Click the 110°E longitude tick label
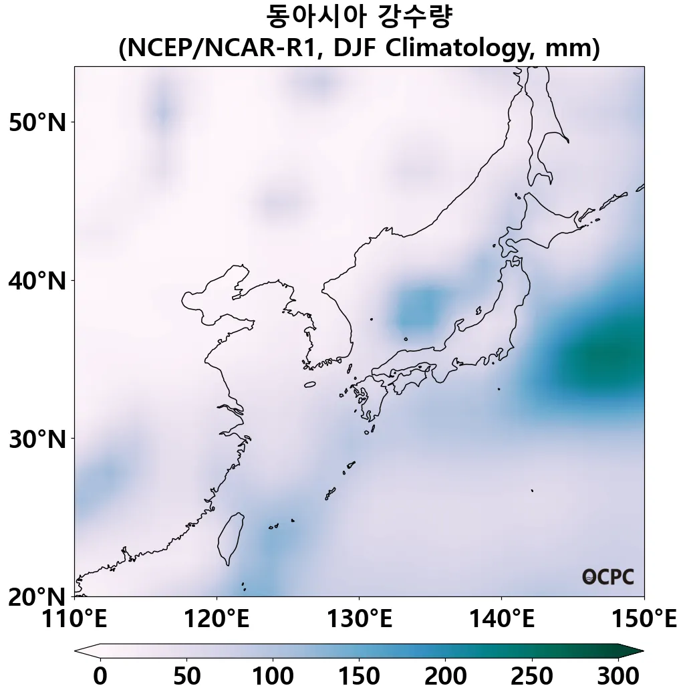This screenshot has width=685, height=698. [x=74, y=619]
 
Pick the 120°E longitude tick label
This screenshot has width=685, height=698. [x=217, y=619]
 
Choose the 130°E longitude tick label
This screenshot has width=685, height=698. [x=359, y=619]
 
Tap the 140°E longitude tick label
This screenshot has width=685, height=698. [x=501, y=619]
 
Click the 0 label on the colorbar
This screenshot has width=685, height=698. [x=100, y=677]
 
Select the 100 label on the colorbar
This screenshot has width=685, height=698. [x=273, y=677]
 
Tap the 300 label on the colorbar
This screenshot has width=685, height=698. [x=618, y=677]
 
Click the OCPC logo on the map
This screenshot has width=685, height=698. [x=607, y=577]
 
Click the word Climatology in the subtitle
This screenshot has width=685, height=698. [x=457, y=49]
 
